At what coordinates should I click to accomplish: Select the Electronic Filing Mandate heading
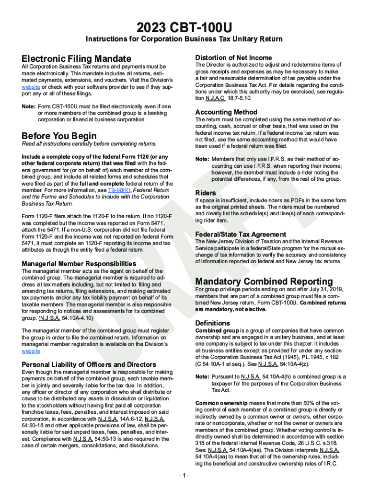(x=76, y=58)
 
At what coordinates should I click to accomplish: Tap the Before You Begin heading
(x=59, y=136)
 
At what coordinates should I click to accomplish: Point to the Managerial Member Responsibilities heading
(x=79, y=264)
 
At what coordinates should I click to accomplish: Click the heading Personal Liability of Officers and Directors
(x=89, y=364)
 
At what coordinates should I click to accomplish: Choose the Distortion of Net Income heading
(x=233, y=58)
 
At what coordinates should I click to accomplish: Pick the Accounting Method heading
(x=226, y=112)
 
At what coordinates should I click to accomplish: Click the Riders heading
(x=206, y=193)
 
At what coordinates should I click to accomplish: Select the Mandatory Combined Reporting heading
(x=264, y=281)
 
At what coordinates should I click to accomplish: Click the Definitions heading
(x=212, y=323)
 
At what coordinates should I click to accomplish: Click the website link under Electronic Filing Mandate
(x=31, y=88)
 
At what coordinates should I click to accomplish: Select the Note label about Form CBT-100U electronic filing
(x=29, y=106)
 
